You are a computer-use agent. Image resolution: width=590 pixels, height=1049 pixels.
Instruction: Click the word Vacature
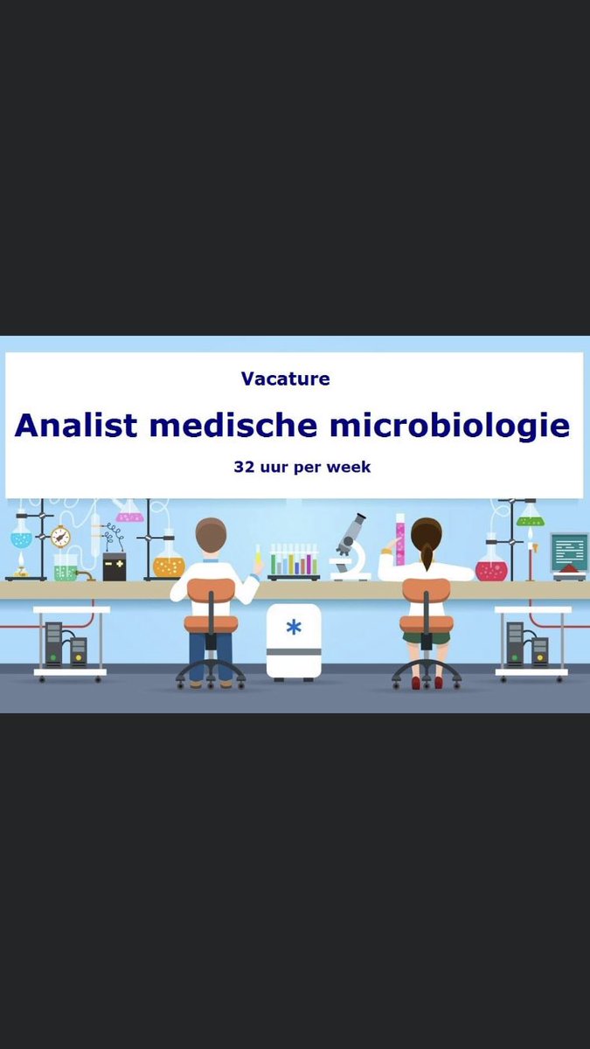pos(285,379)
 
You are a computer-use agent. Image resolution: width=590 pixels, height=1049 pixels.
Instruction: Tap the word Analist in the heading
pos(75,426)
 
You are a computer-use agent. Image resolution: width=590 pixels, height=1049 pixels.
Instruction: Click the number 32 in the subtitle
pos(243,467)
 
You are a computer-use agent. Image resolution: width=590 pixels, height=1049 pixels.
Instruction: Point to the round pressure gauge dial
pos(60,536)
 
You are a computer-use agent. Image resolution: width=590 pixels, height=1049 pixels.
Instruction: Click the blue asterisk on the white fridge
pos(294,628)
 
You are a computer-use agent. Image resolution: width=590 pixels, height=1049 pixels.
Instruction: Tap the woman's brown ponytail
pos(426,552)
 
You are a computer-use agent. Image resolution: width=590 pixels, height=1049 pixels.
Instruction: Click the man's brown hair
pos(211,533)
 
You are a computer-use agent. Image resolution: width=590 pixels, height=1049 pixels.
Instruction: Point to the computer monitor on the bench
pos(569,552)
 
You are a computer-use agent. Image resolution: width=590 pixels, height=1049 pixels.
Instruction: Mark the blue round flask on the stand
pos(21,535)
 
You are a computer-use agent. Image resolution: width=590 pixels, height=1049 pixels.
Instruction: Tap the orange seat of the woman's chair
pos(426,622)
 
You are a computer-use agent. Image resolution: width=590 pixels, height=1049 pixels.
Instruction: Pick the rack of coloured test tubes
pos(293,561)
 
